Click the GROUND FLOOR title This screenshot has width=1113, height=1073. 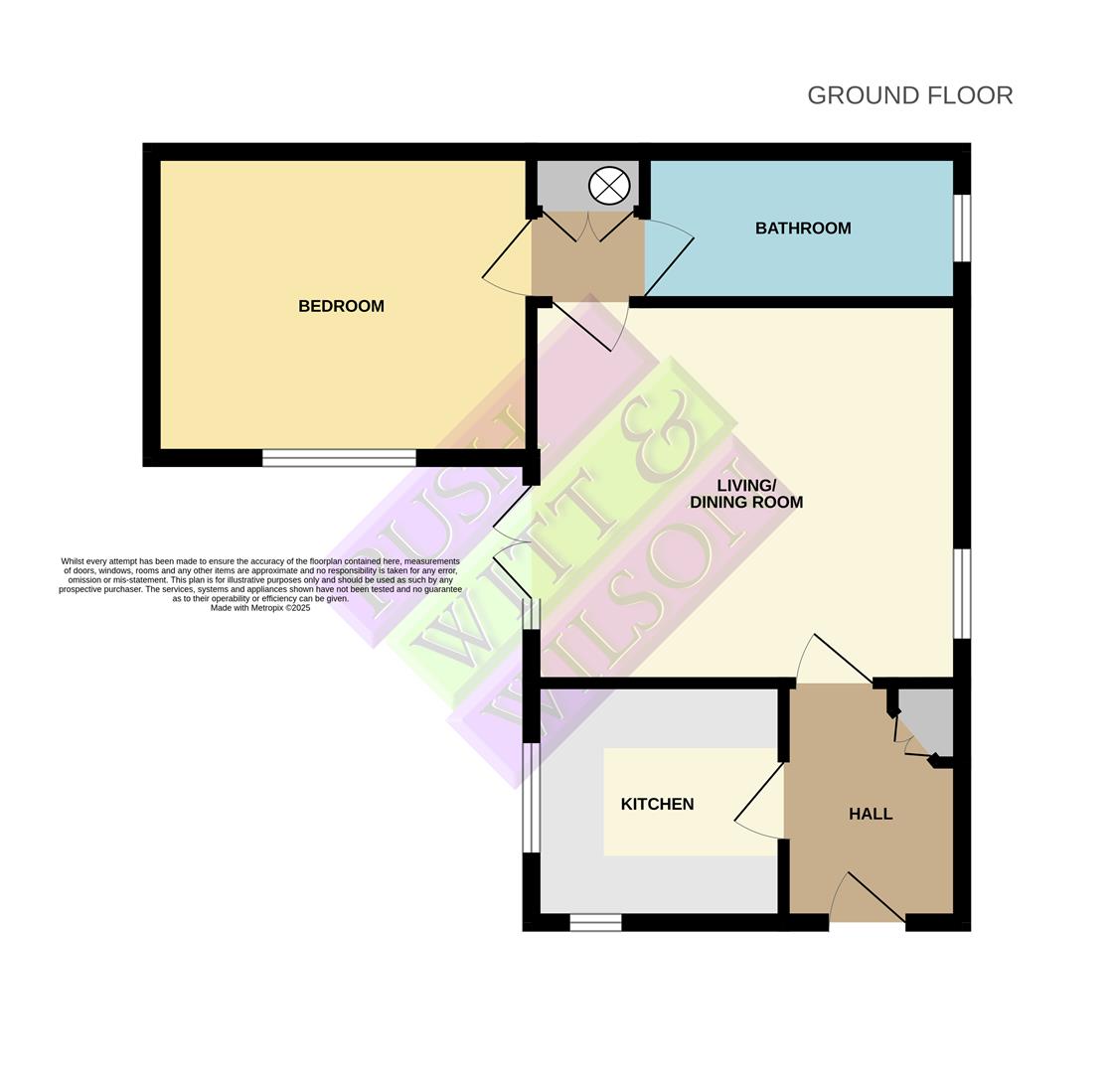click(x=909, y=95)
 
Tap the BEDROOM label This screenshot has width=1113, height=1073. click(x=341, y=306)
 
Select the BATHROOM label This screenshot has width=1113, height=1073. click(x=803, y=229)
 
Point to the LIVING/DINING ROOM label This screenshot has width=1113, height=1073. click(x=746, y=494)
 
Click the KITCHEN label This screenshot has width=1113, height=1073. click(x=657, y=804)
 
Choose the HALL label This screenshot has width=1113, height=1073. click(x=871, y=814)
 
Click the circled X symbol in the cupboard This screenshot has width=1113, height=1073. click(x=609, y=186)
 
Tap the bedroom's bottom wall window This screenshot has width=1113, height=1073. click(x=339, y=458)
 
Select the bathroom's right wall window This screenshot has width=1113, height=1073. click(x=961, y=228)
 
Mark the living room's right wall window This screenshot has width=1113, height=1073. click(x=961, y=593)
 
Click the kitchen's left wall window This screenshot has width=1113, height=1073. click(x=532, y=798)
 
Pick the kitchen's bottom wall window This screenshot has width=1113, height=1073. click(x=595, y=923)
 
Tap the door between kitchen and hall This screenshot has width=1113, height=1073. click(x=759, y=793)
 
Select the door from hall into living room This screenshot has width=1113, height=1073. click(x=842, y=658)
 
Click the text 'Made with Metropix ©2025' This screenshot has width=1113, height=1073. click(x=260, y=608)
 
